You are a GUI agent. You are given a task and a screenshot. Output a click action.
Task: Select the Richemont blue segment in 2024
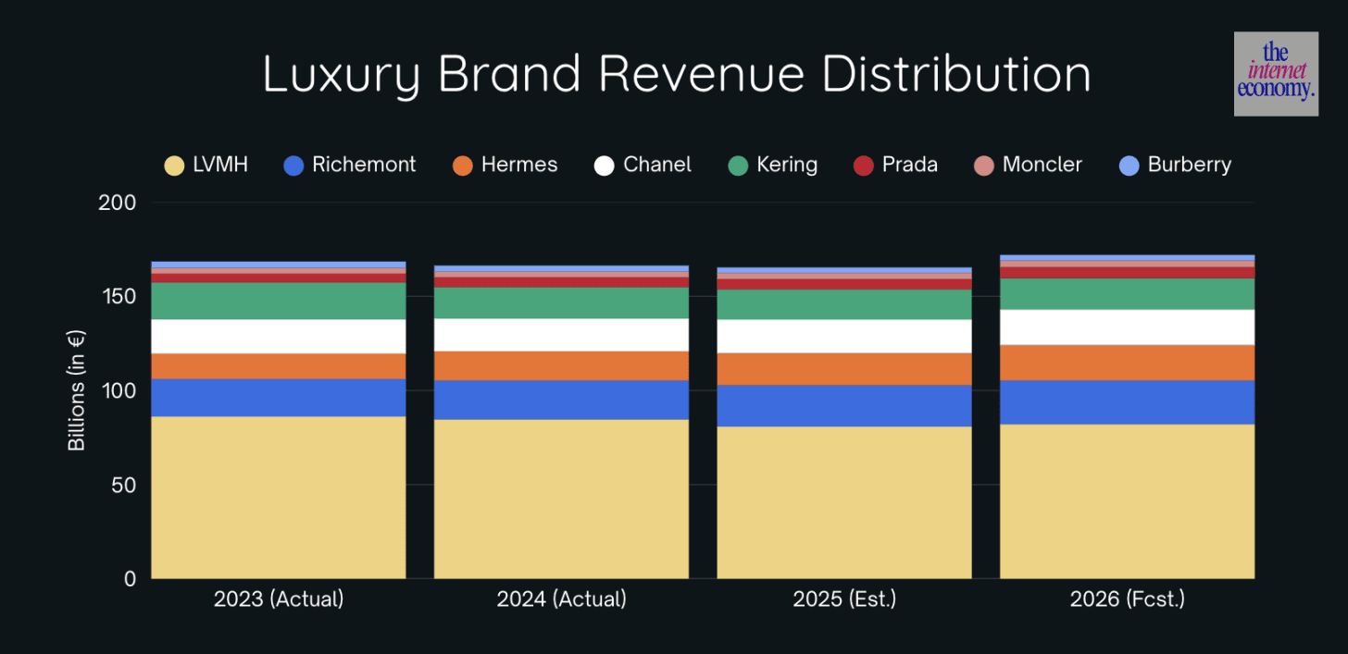click(x=561, y=400)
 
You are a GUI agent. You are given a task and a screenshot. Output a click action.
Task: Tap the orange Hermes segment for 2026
click(x=1127, y=363)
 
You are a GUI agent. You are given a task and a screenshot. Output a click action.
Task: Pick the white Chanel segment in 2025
click(x=843, y=336)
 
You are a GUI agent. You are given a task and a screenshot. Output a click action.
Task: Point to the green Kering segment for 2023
click(x=278, y=301)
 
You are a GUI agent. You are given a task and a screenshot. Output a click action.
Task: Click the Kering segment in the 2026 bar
click(x=1127, y=293)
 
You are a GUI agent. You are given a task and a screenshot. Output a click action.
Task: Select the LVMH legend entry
click(x=206, y=166)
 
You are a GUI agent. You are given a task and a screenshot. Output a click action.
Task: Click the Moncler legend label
click(x=1042, y=166)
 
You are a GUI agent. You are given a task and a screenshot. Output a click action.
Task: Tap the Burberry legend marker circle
click(x=1129, y=166)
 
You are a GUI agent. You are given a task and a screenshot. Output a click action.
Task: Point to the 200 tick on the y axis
click(x=117, y=203)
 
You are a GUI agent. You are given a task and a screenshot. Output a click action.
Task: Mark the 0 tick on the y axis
click(x=129, y=579)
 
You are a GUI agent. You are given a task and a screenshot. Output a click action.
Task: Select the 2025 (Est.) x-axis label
click(x=843, y=599)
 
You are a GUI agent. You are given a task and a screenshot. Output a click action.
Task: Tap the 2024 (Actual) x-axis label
click(x=561, y=599)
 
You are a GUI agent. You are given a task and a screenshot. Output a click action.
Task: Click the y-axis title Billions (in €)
click(x=76, y=390)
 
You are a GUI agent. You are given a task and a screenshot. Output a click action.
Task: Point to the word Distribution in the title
click(x=956, y=74)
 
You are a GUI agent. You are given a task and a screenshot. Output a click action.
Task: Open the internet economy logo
click(x=1276, y=74)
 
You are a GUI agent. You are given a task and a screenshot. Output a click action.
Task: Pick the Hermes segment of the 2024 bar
click(x=561, y=365)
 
